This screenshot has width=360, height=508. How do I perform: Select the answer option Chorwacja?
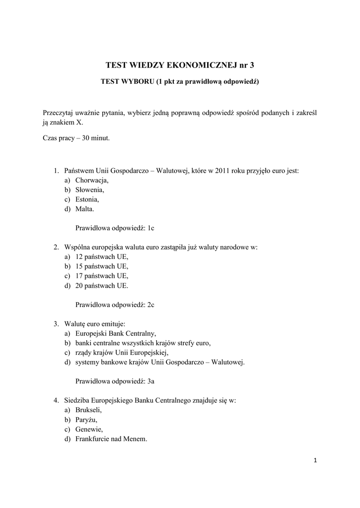[x=92, y=180]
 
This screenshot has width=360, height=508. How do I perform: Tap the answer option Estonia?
[x=87, y=199]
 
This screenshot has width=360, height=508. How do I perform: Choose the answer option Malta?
[x=84, y=209]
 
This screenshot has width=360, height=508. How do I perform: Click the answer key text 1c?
[x=151, y=228]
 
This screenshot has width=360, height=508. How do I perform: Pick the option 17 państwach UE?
[x=102, y=276]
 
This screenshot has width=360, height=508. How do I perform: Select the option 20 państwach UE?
[x=102, y=286]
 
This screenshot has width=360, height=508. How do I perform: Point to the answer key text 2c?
[x=151, y=305]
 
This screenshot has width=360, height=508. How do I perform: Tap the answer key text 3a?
[x=151, y=381]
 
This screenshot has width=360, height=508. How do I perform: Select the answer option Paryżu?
[x=86, y=420]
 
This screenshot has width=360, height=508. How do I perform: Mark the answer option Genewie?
[x=89, y=429]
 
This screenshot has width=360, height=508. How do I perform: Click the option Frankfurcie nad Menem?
[x=111, y=439]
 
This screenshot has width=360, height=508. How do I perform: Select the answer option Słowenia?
[x=90, y=190]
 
